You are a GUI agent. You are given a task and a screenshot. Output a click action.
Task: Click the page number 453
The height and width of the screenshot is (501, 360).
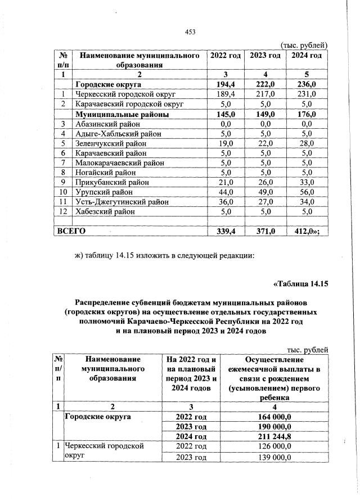tap(190, 31)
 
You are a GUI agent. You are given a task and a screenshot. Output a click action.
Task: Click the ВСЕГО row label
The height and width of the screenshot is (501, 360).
tap(70, 230)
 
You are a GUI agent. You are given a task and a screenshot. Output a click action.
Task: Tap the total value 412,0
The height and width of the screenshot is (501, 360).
tap(307, 231)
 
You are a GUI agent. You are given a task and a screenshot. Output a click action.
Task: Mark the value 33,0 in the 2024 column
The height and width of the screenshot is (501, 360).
tap(307, 182)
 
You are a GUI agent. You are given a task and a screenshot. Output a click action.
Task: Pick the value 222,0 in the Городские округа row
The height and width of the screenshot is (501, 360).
tap(265, 84)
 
